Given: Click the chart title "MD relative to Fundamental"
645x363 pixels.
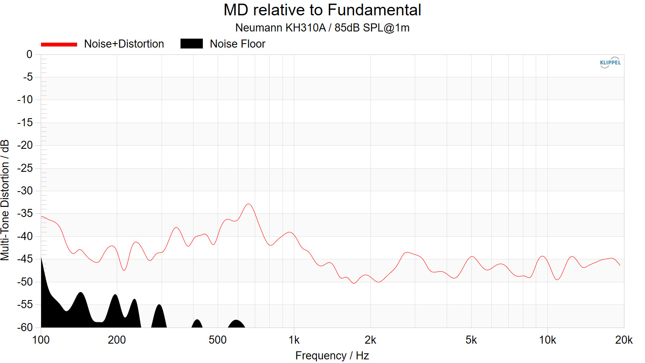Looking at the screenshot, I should [322, 10].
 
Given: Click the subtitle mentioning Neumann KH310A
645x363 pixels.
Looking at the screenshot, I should [322, 28].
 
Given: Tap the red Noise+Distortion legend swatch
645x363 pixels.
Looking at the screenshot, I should [59, 44].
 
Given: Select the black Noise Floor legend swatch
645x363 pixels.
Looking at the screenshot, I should [191, 44].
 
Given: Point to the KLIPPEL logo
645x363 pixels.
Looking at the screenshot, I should [610, 63].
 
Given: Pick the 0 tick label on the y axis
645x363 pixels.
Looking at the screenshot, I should [29, 54].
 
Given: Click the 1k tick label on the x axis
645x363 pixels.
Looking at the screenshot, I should [294, 340].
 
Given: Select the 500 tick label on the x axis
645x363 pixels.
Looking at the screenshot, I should [218, 340].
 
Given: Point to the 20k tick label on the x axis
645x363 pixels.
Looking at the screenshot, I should [624, 340].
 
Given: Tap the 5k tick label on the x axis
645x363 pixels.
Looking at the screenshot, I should [471, 340].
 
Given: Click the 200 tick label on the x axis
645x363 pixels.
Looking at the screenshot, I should [117, 340].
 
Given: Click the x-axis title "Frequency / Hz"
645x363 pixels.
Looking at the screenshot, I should [332, 356].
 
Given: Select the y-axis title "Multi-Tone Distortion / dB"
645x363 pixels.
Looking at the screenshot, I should [5, 200].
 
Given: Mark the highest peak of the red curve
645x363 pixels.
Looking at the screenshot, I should [249, 204].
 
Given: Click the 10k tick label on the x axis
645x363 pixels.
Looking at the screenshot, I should [547, 340].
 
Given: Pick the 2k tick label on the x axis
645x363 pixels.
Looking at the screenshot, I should [370, 340].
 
